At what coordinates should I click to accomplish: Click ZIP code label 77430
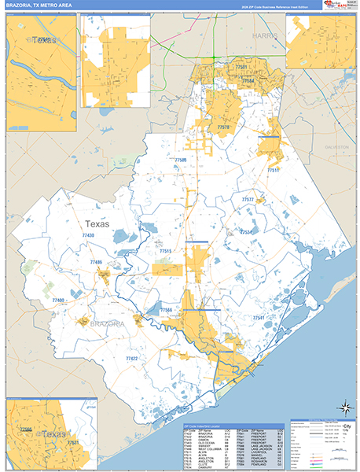[88, 235]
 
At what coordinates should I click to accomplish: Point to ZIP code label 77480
[58, 301]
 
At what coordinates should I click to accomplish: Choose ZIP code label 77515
[165, 251]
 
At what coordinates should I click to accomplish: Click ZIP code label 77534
[246, 232]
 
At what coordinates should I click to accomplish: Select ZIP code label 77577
[248, 200]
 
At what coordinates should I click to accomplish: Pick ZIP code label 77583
[181, 160]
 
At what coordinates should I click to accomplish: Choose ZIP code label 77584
[248, 80]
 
